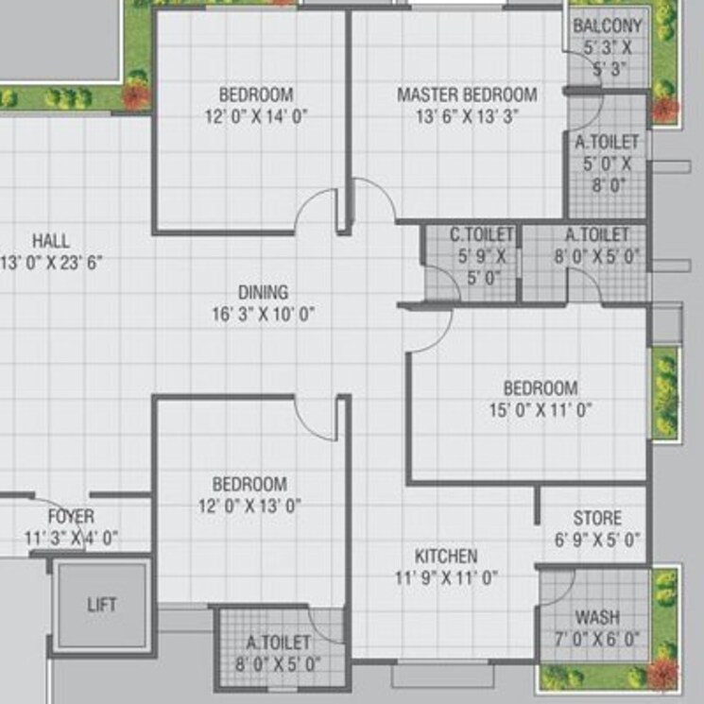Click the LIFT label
[x=103, y=605]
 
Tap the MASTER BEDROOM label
[x=467, y=94]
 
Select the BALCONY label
[x=608, y=26]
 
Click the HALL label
[x=50, y=241]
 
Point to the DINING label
[x=263, y=293]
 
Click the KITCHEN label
[x=446, y=556]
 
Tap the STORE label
[x=597, y=518]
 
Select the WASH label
[x=597, y=618]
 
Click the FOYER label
[x=71, y=517]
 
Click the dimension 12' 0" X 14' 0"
[x=255, y=116]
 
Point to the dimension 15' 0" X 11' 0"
[x=541, y=410]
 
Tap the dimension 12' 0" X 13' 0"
[x=249, y=506]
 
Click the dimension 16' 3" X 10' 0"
[x=263, y=315]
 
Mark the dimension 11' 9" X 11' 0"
[x=446, y=577]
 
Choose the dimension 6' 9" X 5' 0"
[x=597, y=540]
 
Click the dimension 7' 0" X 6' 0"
[x=597, y=640]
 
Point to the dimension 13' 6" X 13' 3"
[x=467, y=116]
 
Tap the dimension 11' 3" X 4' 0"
[x=71, y=539]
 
